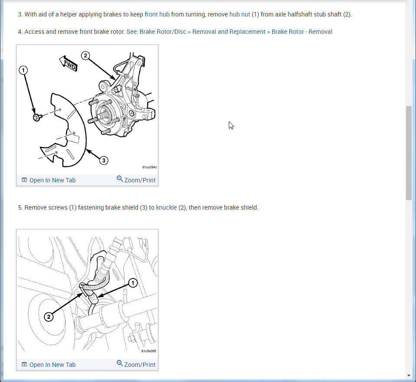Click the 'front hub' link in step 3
coord(157,14)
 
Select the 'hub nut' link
coord(240,14)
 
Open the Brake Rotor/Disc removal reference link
coord(229,32)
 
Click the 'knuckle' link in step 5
coord(166,207)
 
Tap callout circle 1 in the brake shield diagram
coord(23,70)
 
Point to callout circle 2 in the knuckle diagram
coord(85,56)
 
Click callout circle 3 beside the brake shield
coord(104,160)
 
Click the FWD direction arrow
coord(68,63)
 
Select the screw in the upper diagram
coord(37,117)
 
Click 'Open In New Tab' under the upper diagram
coord(49,180)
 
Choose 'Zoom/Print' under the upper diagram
coord(136,180)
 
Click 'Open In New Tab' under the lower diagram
coord(49,365)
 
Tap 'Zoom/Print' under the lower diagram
coord(136,365)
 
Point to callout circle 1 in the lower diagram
coord(133,283)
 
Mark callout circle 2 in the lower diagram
coord(49,317)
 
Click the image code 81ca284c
coord(149,167)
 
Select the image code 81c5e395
coord(149,351)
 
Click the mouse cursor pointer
coord(231,126)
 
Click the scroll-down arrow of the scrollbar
coord(409,376)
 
